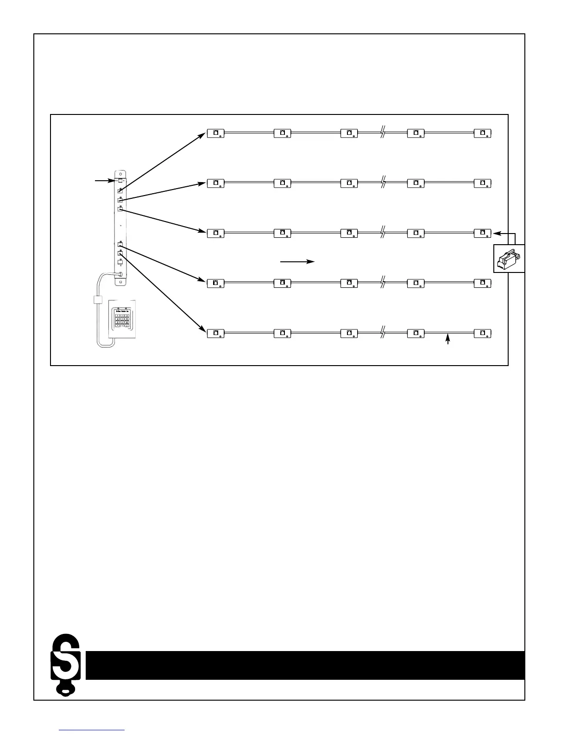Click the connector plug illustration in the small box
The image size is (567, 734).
coord(508,259)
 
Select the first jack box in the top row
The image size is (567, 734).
coord(216,133)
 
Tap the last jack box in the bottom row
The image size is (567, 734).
coord(483,334)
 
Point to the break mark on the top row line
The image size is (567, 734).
coord(383,133)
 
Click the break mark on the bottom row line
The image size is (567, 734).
coord(383,333)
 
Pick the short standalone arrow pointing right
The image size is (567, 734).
coord(297,262)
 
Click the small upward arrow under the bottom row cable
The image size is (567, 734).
coord(447,340)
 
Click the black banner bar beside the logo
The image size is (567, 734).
coord(305,665)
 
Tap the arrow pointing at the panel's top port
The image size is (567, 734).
coord(104,180)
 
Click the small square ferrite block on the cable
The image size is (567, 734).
coord(98,299)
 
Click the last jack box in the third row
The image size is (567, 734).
coord(483,233)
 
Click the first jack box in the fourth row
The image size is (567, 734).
coord(216,283)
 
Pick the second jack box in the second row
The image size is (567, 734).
coord(283,183)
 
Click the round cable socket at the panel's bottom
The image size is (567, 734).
coord(120,274)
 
